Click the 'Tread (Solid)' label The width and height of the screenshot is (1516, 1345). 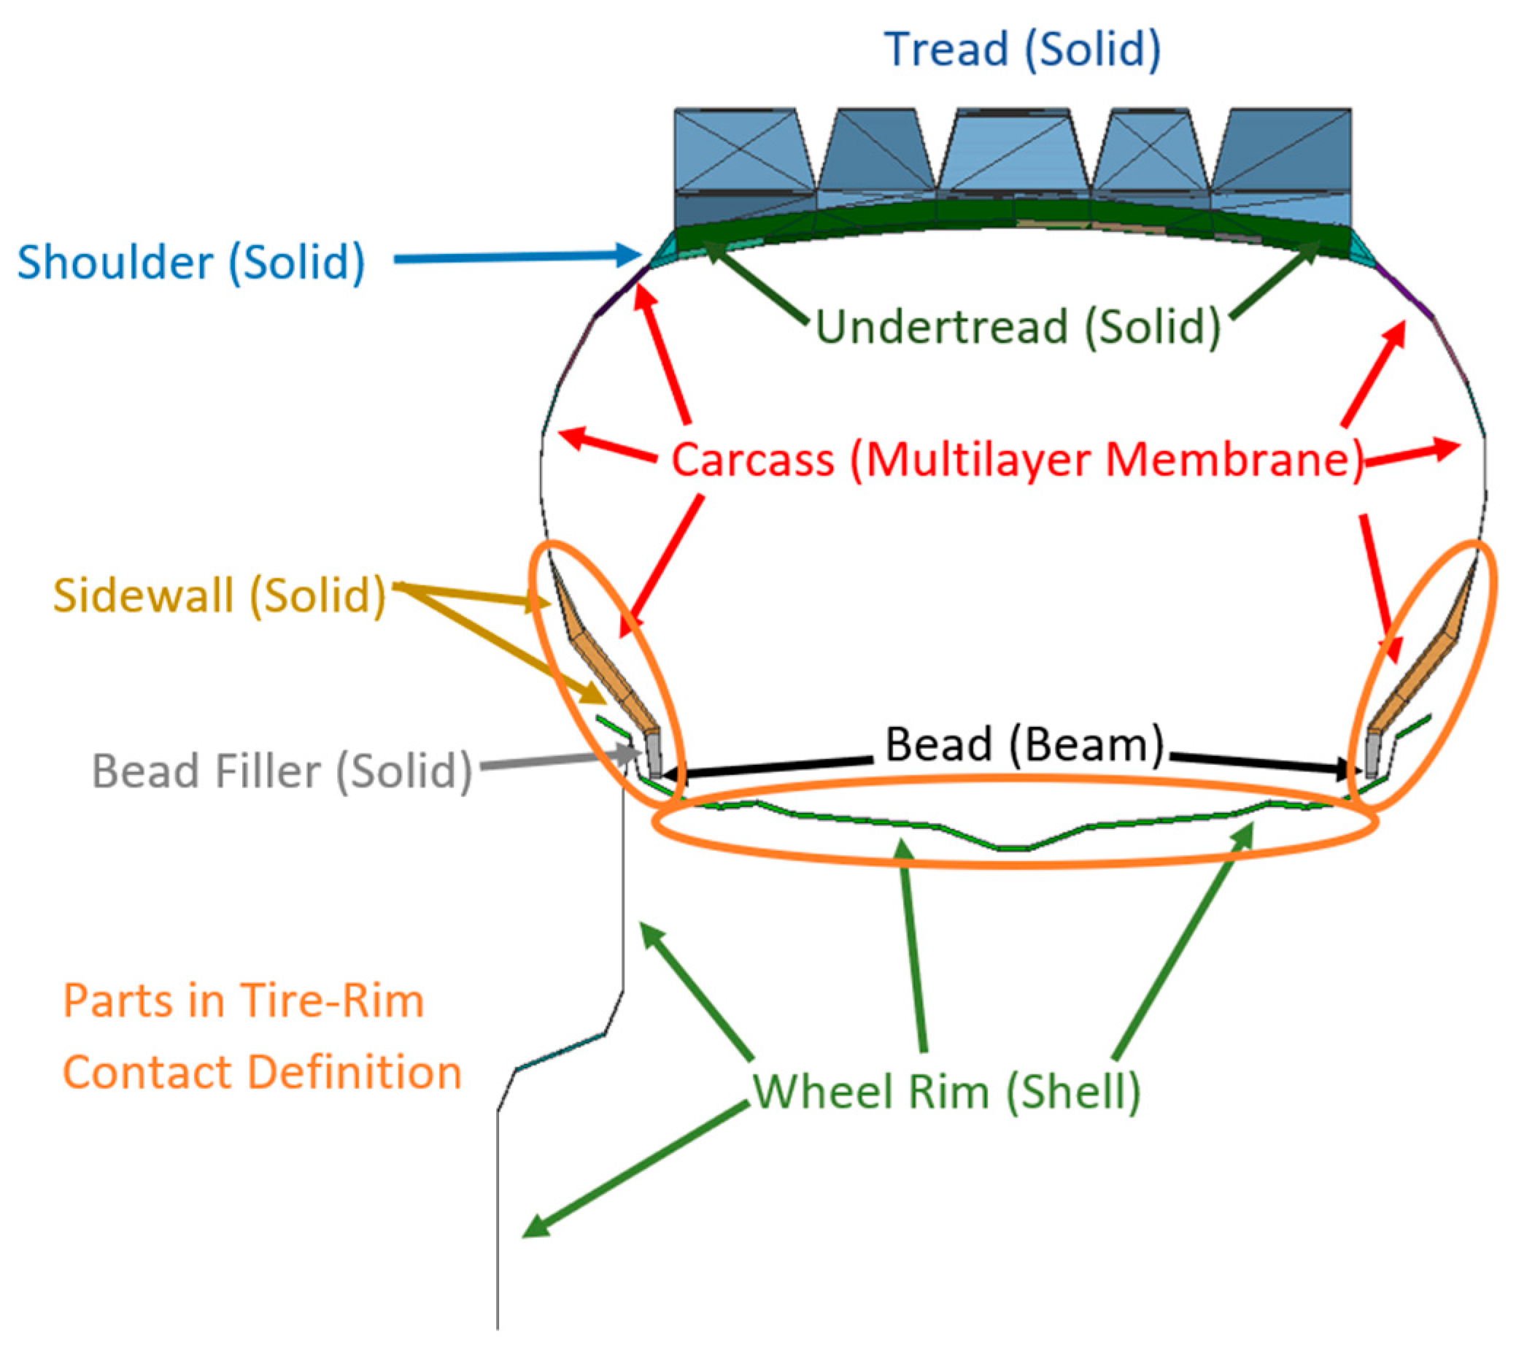coord(1023,49)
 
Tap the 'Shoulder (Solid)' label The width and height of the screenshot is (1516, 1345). coord(191,263)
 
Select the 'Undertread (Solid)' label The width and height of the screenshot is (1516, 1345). coord(1018,326)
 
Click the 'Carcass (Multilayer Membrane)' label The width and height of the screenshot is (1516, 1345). coord(1017,460)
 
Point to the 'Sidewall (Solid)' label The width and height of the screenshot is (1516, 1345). coord(220,595)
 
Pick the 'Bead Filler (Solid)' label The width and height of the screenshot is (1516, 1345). coord(282,771)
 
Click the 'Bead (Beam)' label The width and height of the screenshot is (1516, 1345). coord(1024,744)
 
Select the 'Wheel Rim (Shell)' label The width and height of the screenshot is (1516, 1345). coord(946,1091)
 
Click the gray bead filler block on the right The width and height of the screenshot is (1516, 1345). coord(1373,758)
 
